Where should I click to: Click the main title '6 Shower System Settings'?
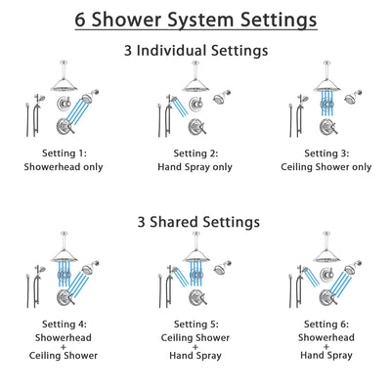[x=195, y=19]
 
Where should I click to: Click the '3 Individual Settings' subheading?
[x=195, y=50]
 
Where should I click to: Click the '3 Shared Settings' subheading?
[x=195, y=222]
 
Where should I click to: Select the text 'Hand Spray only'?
[x=195, y=167]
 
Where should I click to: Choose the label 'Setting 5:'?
[x=195, y=326]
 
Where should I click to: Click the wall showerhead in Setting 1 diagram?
[x=96, y=97]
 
